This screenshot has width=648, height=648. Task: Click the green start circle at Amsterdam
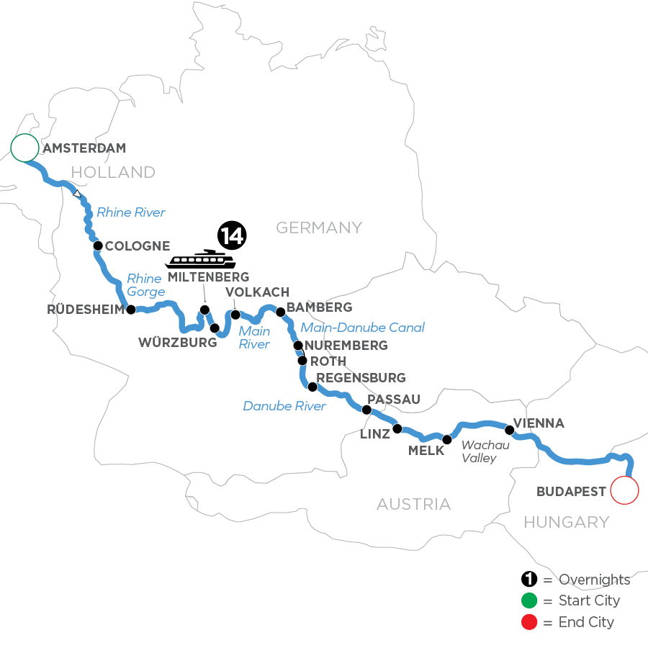click(x=24, y=148)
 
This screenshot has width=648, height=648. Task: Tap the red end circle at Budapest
click(x=624, y=491)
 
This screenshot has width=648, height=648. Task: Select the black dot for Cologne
click(x=97, y=246)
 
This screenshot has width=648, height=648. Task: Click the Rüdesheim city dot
click(x=131, y=310)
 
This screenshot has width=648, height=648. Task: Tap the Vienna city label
click(x=539, y=423)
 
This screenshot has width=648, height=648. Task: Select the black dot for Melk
click(x=446, y=439)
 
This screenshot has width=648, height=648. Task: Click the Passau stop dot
click(x=366, y=410)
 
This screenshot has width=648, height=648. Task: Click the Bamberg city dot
click(x=281, y=312)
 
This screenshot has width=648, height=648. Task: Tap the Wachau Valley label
click(x=485, y=451)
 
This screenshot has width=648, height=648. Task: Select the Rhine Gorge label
click(x=145, y=285)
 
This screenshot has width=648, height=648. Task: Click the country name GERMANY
click(x=319, y=228)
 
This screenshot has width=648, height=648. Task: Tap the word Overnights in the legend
click(x=594, y=580)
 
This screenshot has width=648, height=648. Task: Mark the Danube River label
click(x=284, y=406)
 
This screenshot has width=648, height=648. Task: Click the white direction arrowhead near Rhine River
click(x=77, y=194)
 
